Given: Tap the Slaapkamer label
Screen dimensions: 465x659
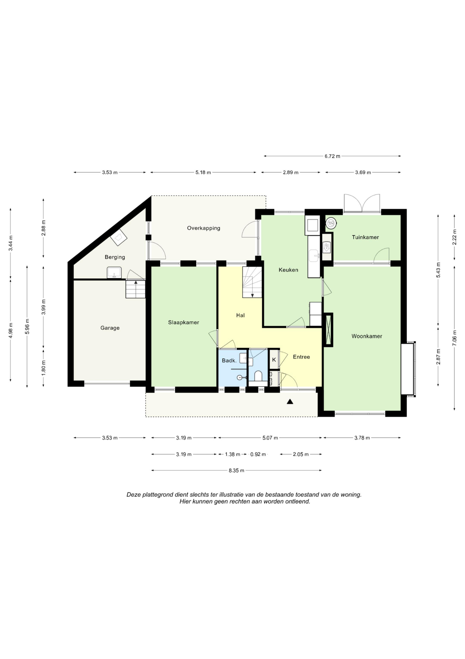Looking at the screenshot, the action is point(183,323).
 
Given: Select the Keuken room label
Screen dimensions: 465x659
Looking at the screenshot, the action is point(288,270).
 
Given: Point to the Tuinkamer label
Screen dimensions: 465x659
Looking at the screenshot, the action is point(365,237).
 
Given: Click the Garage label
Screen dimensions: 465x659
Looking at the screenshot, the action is point(110,328).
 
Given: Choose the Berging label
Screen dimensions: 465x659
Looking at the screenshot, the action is point(115,257).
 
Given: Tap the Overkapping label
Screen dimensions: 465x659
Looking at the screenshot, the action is point(203,228).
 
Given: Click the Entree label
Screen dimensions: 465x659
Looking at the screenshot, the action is point(301,357).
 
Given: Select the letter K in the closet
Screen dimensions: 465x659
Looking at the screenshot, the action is point(274,359).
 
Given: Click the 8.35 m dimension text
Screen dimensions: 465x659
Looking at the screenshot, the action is point(236,470).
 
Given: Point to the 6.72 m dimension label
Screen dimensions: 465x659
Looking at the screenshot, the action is point(332,156).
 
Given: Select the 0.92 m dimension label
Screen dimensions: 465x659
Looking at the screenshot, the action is point(258,454).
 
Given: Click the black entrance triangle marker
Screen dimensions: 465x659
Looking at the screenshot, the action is point(290,402).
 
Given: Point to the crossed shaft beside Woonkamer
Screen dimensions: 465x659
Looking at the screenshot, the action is point(329,330).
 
